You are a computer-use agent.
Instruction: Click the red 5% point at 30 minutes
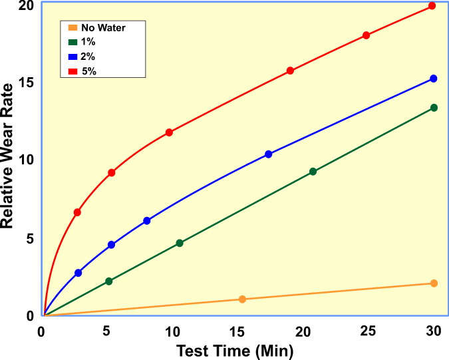[432, 6]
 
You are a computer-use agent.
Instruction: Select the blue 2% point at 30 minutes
[434, 79]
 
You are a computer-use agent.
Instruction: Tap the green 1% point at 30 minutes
[434, 108]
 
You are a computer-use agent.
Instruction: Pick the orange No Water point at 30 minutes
[434, 283]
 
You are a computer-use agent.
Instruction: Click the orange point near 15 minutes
[242, 299]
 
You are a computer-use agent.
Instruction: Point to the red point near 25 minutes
[366, 35]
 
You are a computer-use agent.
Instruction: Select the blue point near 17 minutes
[269, 154]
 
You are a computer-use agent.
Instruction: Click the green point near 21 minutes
[313, 172]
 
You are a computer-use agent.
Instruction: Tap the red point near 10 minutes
[169, 132]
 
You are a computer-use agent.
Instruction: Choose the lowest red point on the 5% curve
[77, 212]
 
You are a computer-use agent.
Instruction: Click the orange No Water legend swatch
[73, 28]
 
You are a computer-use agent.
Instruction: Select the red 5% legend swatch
[73, 71]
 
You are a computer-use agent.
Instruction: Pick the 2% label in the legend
[88, 57]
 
